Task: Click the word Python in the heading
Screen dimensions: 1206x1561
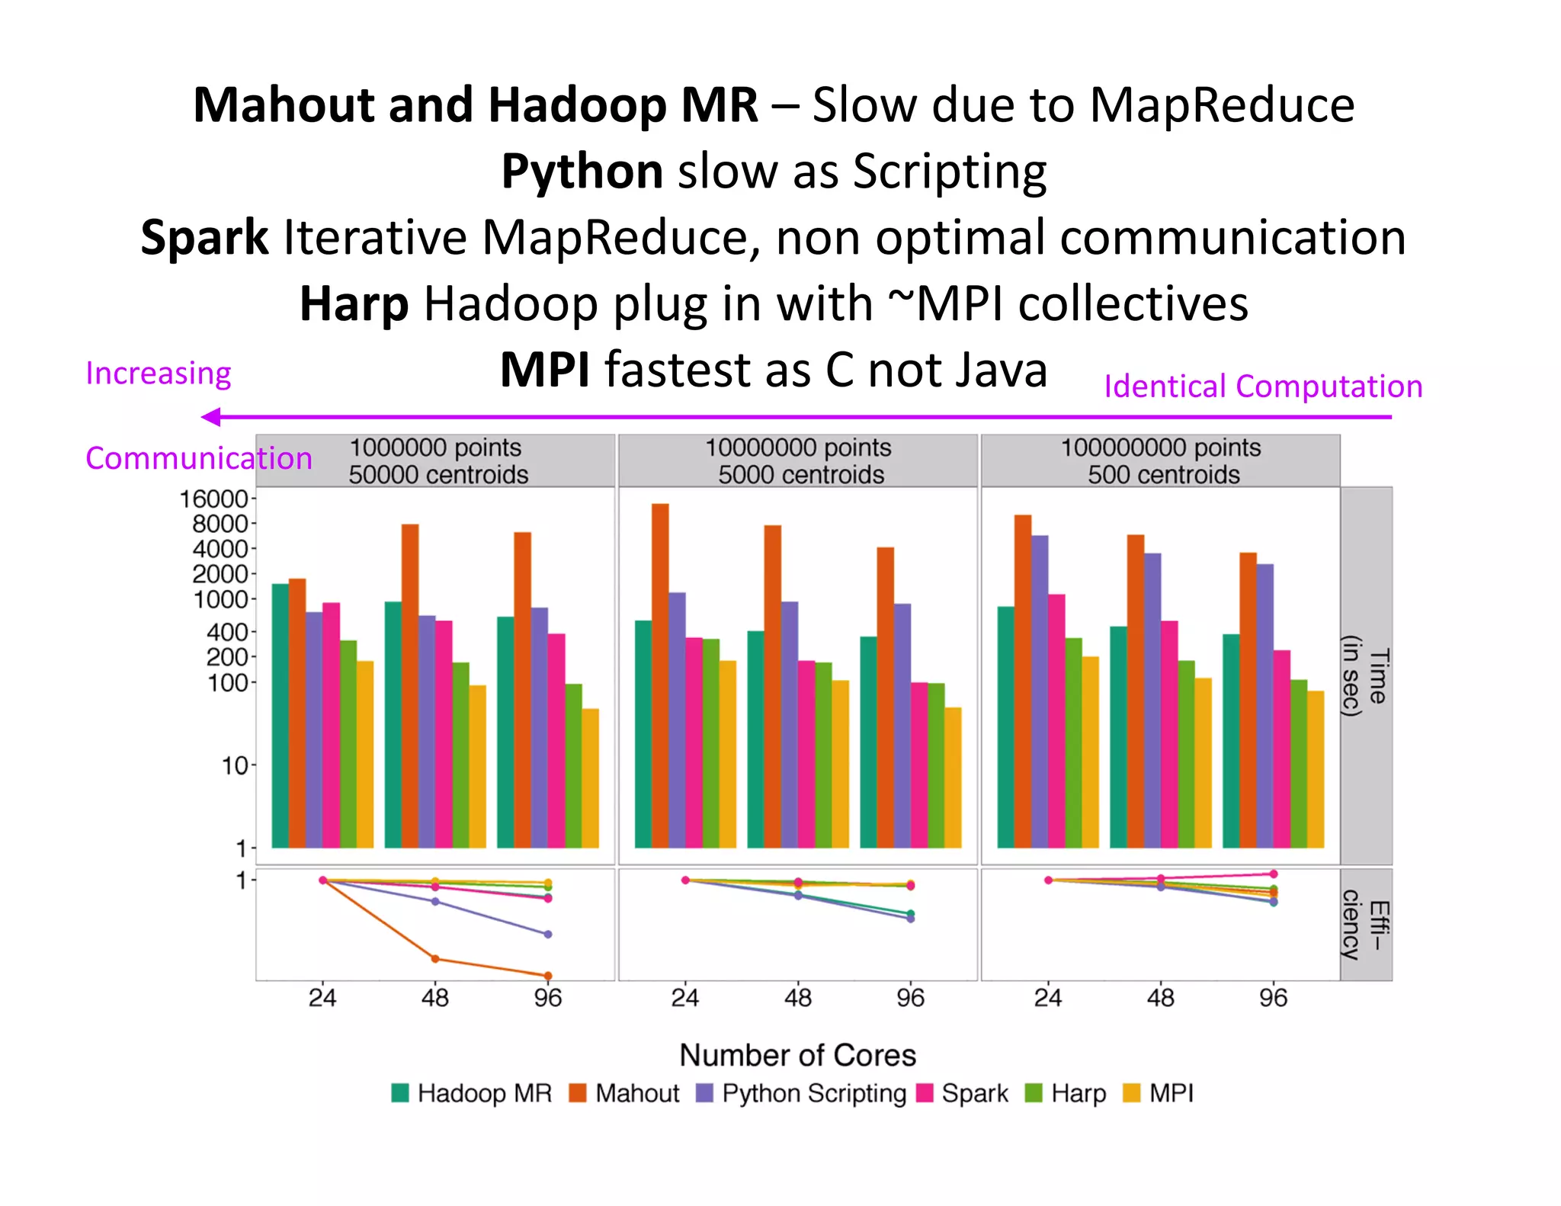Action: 582,171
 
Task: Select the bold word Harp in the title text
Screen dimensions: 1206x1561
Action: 354,303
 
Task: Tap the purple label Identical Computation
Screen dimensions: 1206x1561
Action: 1263,386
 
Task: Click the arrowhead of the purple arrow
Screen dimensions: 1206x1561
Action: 211,417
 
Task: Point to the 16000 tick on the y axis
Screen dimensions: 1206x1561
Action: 213,499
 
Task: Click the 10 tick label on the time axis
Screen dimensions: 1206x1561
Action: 235,765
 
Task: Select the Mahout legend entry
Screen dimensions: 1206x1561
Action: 624,1093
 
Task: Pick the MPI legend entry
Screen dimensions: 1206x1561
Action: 1159,1093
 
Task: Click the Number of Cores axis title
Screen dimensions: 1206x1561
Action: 797,1055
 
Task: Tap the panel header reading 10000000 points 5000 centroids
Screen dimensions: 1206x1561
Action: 797,460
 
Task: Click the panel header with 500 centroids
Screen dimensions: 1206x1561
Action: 1160,460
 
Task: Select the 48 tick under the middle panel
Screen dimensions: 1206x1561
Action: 797,998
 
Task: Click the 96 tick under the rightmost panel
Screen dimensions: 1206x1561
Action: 1273,998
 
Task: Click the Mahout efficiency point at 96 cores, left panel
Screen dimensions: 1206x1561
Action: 548,976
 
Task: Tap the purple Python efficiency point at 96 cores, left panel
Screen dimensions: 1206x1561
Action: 548,934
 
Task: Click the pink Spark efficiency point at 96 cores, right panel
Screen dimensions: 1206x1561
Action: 1274,874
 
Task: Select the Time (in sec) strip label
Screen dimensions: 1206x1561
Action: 1366,675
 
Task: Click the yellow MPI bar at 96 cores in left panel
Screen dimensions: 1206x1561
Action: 590,778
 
